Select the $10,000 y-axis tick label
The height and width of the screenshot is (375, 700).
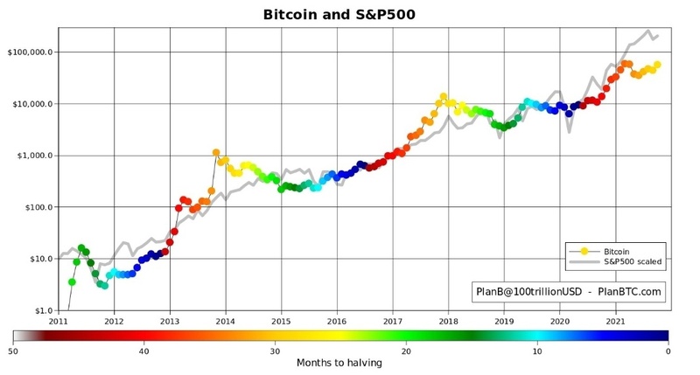[33, 103]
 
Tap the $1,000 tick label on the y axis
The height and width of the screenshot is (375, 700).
[36, 156]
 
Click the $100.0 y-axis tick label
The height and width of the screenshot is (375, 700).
[38, 207]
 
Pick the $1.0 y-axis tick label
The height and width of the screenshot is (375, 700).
[43, 310]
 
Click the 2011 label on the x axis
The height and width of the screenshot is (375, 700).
[59, 322]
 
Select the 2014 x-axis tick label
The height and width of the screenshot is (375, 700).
[226, 322]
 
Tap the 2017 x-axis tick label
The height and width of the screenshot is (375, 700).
[392, 322]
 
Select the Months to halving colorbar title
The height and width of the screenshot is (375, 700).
[340, 363]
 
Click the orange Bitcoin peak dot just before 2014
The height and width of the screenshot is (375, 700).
[216, 153]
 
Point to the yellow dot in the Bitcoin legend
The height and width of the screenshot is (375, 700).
[584, 251]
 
